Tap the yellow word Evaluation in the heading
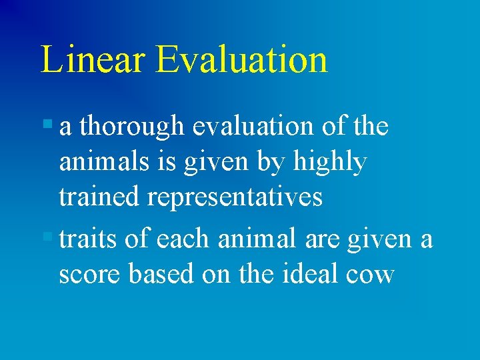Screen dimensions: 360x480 point(241,59)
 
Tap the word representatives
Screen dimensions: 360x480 point(233,198)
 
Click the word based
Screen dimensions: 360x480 point(159,273)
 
